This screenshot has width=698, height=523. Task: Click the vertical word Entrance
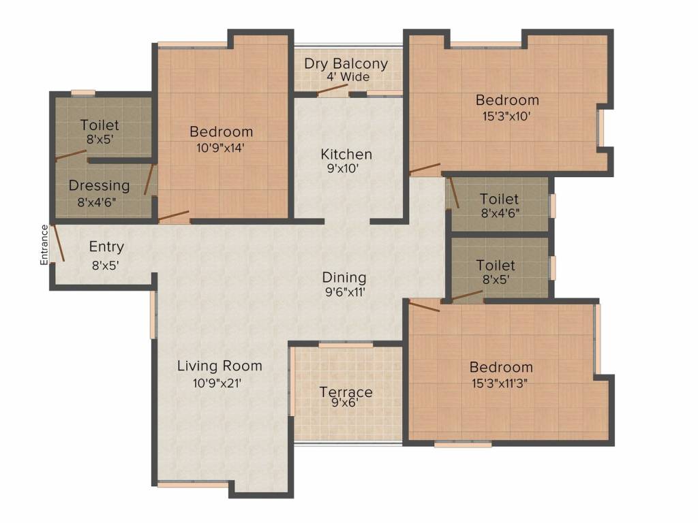click(x=44, y=244)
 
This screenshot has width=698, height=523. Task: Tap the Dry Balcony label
click(x=346, y=64)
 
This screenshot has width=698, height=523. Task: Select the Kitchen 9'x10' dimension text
click(x=346, y=169)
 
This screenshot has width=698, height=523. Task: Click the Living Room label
click(x=219, y=366)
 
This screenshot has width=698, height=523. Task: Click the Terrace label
click(x=346, y=392)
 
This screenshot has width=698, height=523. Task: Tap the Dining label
click(x=344, y=278)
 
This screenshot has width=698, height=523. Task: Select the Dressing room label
click(x=99, y=186)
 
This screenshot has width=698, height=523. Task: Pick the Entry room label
click(x=106, y=247)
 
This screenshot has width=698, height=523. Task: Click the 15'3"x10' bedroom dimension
click(x=506, y=116)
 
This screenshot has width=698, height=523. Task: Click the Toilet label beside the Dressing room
click(x=100, y=125)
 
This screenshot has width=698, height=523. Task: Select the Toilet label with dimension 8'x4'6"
click(x=499, y=200)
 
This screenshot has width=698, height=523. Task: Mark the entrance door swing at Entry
click(x=59, y=244)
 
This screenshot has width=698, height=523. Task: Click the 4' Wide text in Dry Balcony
click(x=348, y=77)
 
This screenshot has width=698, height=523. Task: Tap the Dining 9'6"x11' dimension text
click(x=344, y=294)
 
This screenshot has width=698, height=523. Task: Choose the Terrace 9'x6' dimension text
click(x=344, y=402)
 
